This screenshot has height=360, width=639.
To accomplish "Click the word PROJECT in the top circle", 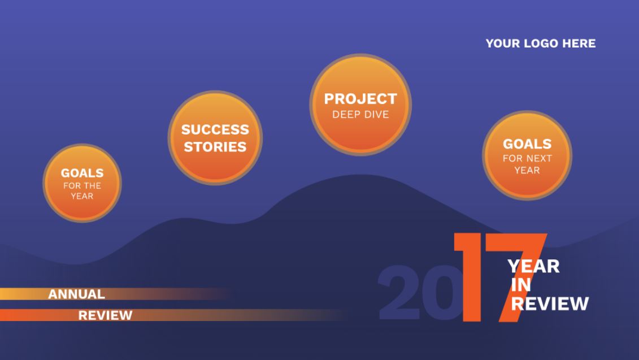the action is tap(360, 99).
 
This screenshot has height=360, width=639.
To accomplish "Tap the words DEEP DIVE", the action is tap(360, 115).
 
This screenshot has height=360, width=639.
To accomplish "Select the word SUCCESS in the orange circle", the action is tap(215, 129).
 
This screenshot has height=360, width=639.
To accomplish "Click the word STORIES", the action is tap(215, 147).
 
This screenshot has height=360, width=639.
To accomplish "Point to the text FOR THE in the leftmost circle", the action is tap(82, 185).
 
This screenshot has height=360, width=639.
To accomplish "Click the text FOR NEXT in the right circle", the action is tap(527, 158).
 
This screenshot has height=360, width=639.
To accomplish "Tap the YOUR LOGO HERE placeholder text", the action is tap(541, 43).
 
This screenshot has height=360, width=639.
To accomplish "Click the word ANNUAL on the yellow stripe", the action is tap(77, 294).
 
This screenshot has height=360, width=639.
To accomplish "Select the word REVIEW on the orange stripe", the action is tap(105, 315).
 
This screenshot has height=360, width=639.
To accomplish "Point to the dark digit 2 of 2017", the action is tap(398, 292).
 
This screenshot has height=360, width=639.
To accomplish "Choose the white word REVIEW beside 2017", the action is tap(550, 303).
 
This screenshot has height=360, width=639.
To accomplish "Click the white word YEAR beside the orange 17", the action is tap(533, 267).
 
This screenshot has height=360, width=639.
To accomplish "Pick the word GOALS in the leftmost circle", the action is tap(82, 173).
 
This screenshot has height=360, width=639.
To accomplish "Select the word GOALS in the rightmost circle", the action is tap(527, 144).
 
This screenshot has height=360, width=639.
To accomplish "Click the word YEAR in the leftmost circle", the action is tap(82, 196).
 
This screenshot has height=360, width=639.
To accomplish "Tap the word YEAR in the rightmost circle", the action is tap(527, 171).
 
